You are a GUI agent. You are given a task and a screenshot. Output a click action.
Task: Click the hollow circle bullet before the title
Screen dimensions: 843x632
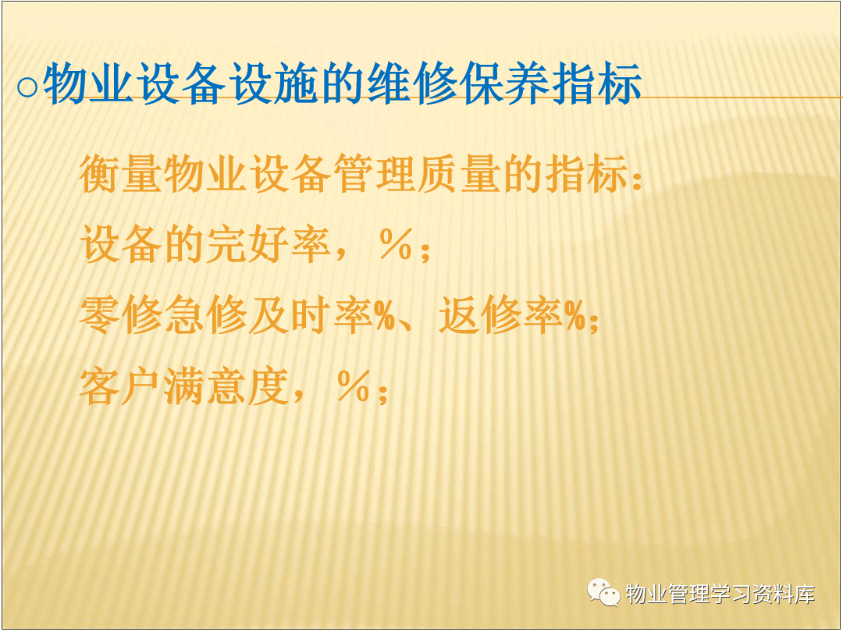pos(27,87)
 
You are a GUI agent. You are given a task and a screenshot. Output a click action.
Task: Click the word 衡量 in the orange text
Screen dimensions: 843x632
pos(121,174)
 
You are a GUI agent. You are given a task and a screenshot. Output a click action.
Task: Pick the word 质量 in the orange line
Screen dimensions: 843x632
pos(460,174)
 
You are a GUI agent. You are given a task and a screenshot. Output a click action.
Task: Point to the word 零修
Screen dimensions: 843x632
pos(121,315)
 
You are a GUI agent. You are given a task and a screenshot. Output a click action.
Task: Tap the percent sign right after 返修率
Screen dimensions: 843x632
pos(575,316)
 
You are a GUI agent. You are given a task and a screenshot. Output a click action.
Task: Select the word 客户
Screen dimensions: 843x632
pos(121,386)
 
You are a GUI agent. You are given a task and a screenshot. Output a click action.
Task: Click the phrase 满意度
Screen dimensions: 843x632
pos(227,386)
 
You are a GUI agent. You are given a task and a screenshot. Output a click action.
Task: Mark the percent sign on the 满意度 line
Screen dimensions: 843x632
pos(354,386)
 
